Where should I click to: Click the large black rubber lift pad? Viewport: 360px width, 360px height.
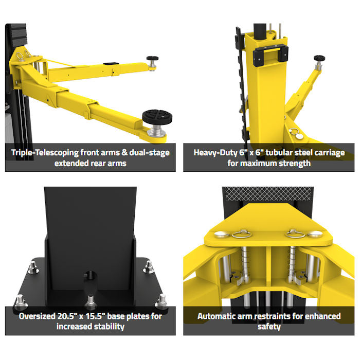click(157, 117)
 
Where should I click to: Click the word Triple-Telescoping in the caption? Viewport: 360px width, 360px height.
click(45, 153)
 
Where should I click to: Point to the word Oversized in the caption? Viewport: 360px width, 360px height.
click(37, 316)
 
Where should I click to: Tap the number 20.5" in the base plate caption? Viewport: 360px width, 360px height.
click(67, 316)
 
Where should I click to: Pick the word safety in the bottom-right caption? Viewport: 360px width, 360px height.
click(269, 327)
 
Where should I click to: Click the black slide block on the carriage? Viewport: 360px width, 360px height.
click(271, 56)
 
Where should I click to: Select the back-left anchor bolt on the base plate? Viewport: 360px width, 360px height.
click(33, 268)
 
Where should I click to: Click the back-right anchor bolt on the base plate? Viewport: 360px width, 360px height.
click(148, 267)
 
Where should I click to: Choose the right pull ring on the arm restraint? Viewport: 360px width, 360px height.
click(296, 234)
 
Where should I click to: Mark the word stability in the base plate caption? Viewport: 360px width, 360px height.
click(109, 327)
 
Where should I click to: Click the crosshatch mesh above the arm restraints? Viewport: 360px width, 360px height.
click(268, 193)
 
